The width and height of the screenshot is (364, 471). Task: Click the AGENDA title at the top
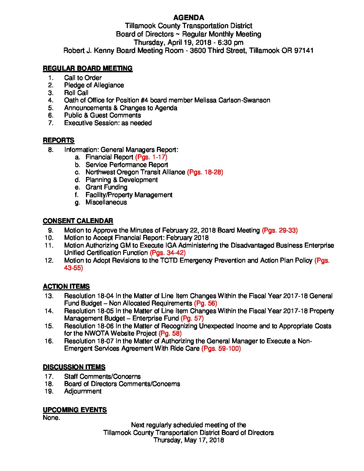coord(189,18)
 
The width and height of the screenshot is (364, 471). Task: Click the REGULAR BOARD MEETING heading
coord(87,69)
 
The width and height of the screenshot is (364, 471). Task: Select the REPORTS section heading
coord(59,140)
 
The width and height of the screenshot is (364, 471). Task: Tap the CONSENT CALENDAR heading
coord(78,221)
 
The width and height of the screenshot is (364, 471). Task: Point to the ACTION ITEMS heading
coord(66,287)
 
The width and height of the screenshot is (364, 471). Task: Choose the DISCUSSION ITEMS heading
coord(74,367)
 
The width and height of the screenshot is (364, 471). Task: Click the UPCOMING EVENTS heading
coord(75,410)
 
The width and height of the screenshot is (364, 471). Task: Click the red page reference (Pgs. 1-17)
coord(151,157)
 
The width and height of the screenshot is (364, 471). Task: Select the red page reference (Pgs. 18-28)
coord(205,172)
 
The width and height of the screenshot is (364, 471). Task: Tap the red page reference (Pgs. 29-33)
coord(280,230)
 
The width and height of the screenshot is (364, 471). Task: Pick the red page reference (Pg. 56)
coord(205,303)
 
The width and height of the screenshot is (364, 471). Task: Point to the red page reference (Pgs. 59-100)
coord(221,349)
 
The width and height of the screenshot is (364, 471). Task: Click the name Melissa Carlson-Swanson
coord(233,100)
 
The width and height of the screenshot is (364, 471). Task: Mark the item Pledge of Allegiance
coord(94,85)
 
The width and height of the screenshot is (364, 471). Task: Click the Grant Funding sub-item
coord(106,187)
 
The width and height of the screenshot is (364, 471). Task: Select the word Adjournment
coord(83,391)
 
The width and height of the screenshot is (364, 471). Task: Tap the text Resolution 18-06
coord(89,326)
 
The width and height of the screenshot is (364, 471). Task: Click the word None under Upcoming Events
coord(51,418)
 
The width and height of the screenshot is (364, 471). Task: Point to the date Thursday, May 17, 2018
coord(189,440)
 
